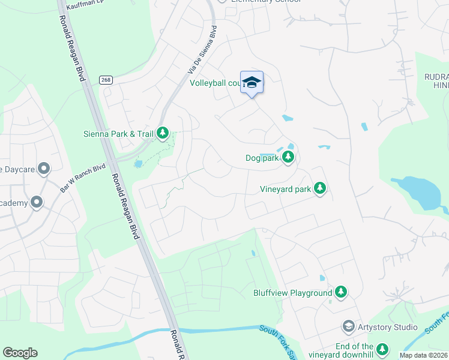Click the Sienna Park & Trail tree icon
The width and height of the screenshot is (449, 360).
coord(163,133)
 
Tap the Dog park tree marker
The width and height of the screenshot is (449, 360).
coord(288,158)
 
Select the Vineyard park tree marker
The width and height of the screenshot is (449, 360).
coord(321,189)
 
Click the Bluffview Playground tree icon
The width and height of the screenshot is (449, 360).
coord(341,292)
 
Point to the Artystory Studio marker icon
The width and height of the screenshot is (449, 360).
coord(348,326)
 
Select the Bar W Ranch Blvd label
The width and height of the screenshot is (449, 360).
coord(83,178)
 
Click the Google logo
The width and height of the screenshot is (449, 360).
coord(20,353)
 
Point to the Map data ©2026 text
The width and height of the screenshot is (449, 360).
coord(424,355)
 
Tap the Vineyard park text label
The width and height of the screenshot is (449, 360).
coord(285,189)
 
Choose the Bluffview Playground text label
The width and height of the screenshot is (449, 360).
coord(292,293)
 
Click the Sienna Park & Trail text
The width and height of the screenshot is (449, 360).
coord(118,133)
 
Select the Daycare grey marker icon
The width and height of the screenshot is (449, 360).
coord(43,169)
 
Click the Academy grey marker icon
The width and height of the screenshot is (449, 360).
coord(37,203)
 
